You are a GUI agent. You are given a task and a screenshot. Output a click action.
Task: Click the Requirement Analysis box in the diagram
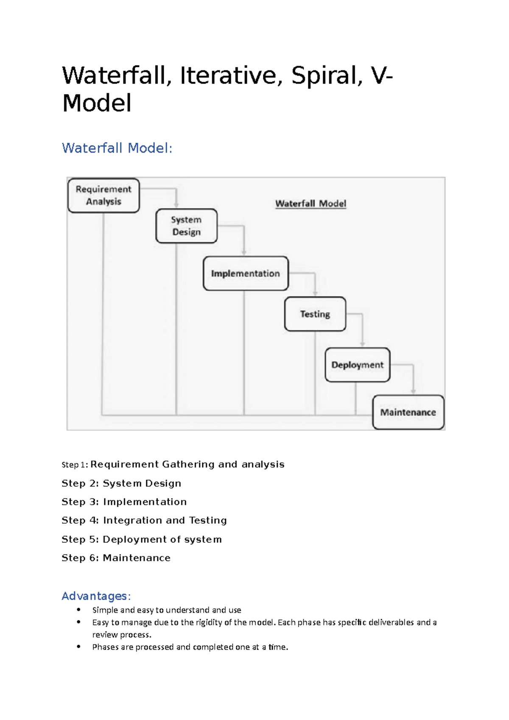[103, 195]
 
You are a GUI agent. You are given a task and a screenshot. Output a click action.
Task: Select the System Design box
[186, 226]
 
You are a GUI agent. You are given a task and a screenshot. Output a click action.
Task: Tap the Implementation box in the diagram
[246, 273]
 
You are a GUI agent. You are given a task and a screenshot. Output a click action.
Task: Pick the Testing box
[315, 314]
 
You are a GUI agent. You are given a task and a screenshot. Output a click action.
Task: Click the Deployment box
[357, 365]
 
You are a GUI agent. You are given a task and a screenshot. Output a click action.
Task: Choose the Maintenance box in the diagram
[408, 413]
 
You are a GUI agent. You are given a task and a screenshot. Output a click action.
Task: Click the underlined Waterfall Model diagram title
[310, 204]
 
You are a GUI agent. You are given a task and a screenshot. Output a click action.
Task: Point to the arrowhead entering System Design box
[176, 205]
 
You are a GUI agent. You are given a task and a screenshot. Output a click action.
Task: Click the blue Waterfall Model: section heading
[117, 148]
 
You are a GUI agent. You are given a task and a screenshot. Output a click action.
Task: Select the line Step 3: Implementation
[124, 502]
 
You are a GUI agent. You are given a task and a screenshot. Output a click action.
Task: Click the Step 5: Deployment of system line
[142, 539]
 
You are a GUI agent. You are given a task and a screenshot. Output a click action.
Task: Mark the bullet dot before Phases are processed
[79, 647]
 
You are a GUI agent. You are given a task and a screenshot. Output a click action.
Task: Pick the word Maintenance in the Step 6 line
[137, 558]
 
